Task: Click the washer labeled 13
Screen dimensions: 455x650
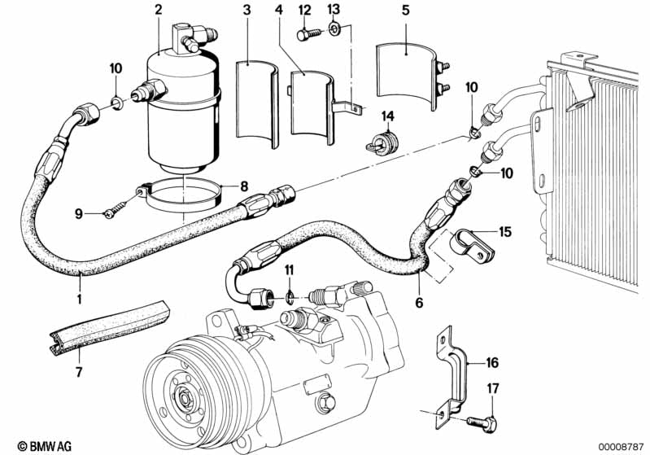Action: tap(334, 32)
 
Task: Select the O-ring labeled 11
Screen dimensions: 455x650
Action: tap(290, 295)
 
